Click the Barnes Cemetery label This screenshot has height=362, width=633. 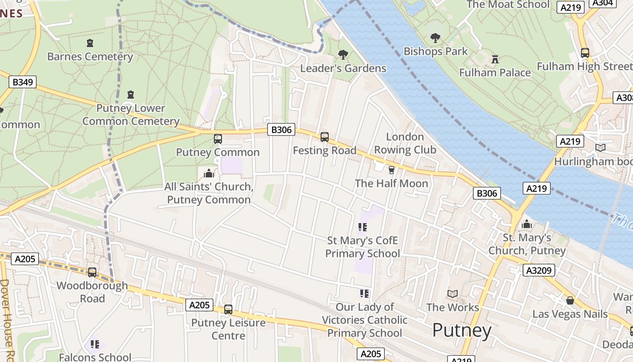(x=90, y=57)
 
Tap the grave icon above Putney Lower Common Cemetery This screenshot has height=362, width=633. (x=131, y=95)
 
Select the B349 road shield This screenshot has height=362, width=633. (x=23, y=82)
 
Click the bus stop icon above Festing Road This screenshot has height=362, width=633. (x=324, y=137)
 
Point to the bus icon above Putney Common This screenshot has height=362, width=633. (x=217, y=139)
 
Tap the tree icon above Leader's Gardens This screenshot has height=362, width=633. (x=343, y=55)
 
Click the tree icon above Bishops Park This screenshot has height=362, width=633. (x=435, y=38)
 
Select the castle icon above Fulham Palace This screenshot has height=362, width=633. (x=495, y=59)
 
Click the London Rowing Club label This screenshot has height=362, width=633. (x=405, y=143)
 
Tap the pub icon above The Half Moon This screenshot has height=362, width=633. (x=391, y=170)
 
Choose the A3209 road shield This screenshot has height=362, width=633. (x=539, y=271)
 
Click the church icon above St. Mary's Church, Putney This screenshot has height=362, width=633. (x=526, y=224)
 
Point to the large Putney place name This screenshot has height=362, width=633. (x=462, y=330)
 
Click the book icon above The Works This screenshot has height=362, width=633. (x=453, y=294)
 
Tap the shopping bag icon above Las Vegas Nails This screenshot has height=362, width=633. (x=570, y=300)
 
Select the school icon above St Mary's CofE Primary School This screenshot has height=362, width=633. (x=362, y=227)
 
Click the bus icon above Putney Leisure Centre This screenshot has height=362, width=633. (x=228, y=310)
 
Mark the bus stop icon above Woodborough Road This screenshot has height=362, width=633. (x=92, y=272)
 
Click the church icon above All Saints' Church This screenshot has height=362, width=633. (x=208, y=173)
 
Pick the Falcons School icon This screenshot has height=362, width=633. (x=95, y=344)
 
